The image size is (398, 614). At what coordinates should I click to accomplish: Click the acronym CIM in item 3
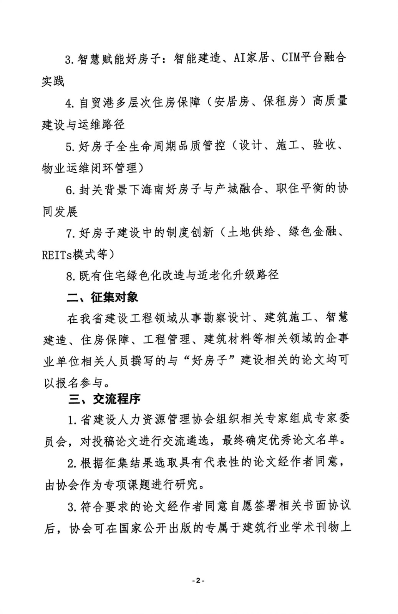pyautogui.click(x=291, y=58)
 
